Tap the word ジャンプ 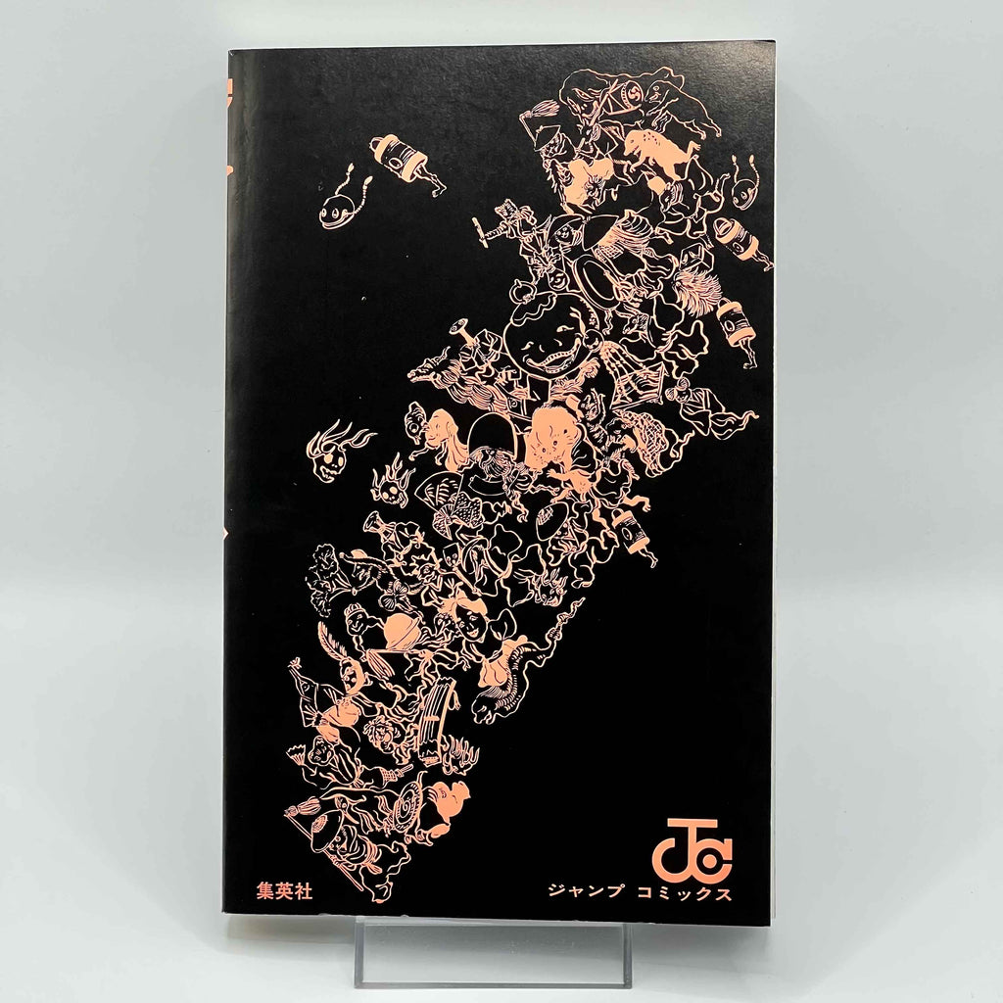pos(587,892)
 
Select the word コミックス pos(685,892)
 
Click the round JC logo pos(699,848)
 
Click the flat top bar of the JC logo pos(699,824)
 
